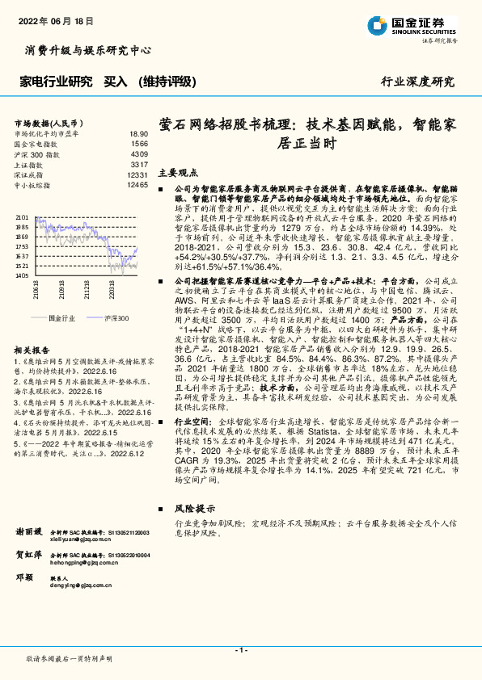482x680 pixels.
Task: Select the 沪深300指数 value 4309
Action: pos(139,153)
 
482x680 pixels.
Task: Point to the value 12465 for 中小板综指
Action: pos(138,185)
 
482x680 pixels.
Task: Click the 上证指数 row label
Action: pos(32,164)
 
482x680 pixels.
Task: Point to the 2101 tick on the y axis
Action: pos(22,218)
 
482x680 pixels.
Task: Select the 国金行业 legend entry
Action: pos(62,318)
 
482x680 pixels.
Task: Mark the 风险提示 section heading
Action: pos(192,510)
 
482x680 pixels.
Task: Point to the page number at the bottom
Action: pos(240,650)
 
